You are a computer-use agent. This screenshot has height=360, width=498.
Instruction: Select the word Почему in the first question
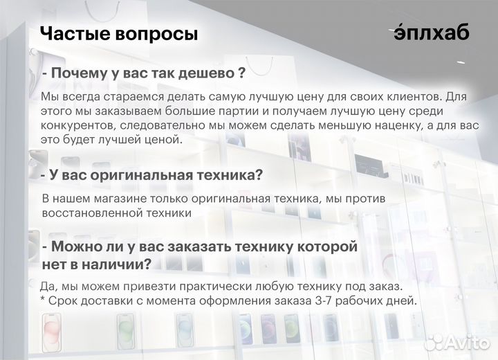tap(83, 73)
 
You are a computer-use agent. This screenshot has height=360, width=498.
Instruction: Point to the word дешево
tap(206, 73)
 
